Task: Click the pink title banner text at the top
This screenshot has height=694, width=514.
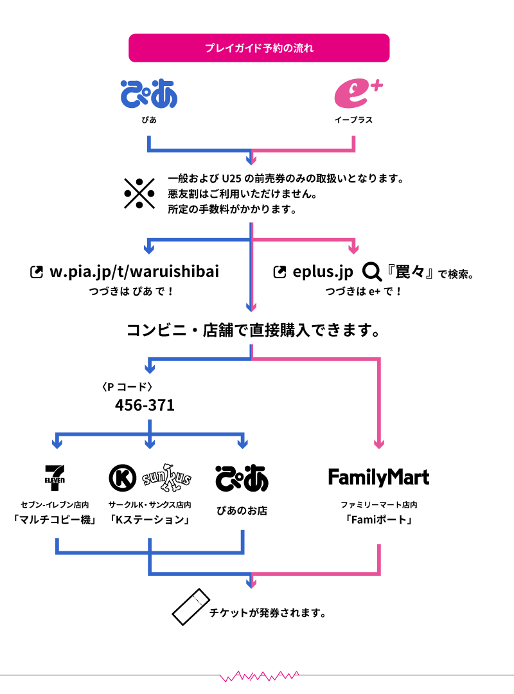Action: pyautogui.click(x=259, y=48)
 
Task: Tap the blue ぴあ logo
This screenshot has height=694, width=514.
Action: pyautogui.click(x=148, y=94)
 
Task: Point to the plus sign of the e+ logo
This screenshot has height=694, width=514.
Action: pyautogui.click(x=377, y=84)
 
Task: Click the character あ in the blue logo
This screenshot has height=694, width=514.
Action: pyautogui.click(x=164, y=94)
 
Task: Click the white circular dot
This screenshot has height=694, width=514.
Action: pyautogui.click(x=371, y=270)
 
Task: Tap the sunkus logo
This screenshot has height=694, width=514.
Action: pyautogui.click(x=166, y=478)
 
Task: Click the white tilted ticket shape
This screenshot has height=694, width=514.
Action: pyautogui.click(x=191, y=607)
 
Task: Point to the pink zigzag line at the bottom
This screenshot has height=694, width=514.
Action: pyautogui.click(x=259, y=676)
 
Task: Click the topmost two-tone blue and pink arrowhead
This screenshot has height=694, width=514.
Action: pyautogui.click(x=251, y=161)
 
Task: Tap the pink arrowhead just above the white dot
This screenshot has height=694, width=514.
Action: pyautogui.click(x=353, y=249)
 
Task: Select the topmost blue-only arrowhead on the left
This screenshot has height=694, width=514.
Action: pyautogui.click(x=149, y=249)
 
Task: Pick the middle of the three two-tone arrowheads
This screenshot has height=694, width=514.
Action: pyautogui.click(x=251, y=307)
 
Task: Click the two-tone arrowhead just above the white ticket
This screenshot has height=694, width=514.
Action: pyautogui.click(x=251, y=583)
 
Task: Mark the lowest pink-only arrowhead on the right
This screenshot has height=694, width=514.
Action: pyautogui.click(x=379, y=444)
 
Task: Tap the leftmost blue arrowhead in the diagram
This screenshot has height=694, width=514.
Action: pyautogui.click(x=57, y=444)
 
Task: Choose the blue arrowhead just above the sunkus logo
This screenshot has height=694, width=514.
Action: pyautogui.click(x=150, y=444)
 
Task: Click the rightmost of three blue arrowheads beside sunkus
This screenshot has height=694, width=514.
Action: pyautogui.click(x=242, y=444)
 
